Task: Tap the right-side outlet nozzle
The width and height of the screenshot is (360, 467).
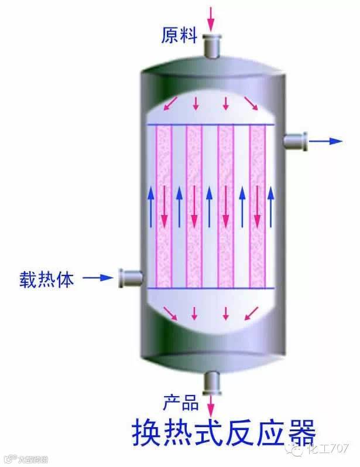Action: [295, 141]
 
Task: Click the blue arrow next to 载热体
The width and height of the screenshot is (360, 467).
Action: [97, 277]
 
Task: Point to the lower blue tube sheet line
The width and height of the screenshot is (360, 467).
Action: [211, 288]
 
